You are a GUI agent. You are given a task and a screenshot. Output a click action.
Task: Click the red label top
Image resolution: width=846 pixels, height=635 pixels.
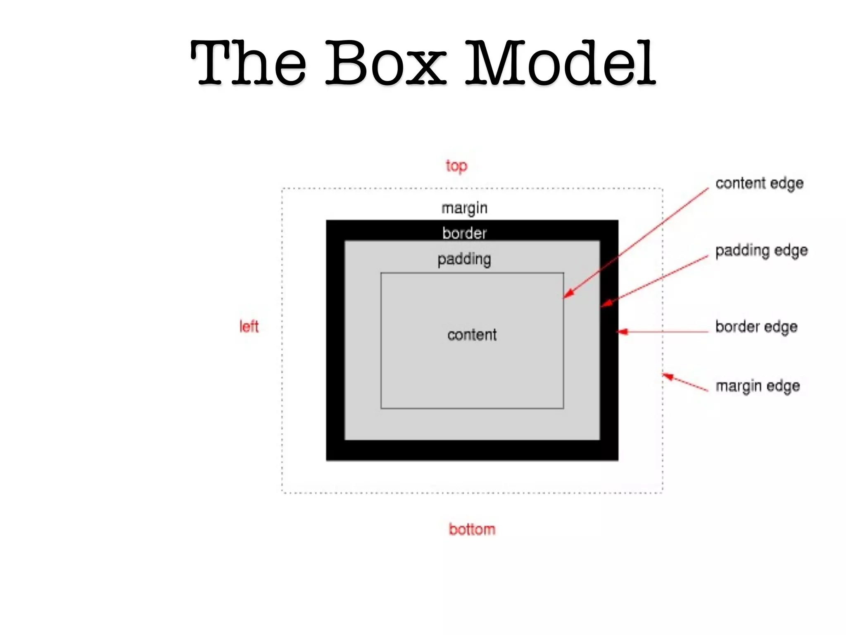(456, 166)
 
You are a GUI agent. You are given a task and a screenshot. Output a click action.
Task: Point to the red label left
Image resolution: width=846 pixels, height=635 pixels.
(249, 327)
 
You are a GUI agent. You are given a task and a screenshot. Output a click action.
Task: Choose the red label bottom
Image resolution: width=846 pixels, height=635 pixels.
(472, 530)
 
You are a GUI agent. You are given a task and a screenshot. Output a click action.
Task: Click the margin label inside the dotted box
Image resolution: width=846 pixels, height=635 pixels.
(464, 208)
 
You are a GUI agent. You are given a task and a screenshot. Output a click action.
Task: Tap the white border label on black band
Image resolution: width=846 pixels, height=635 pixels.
(464, 234)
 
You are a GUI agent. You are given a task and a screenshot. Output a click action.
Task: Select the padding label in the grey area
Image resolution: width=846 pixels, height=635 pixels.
(464, 260)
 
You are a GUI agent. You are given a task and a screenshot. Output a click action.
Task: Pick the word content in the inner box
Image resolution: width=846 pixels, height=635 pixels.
(472, 335)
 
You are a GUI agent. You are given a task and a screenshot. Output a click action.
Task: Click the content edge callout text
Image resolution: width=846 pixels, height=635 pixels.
(759, 184)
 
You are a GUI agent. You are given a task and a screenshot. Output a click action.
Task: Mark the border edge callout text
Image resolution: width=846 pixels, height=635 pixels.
(756, 327)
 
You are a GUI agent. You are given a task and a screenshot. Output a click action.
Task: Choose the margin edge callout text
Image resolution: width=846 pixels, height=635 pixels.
(758, 386)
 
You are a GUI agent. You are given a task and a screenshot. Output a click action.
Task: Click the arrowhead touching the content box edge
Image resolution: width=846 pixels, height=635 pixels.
(568, 294)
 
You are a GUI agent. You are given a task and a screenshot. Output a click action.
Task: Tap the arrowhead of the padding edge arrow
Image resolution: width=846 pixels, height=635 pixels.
(606, 304)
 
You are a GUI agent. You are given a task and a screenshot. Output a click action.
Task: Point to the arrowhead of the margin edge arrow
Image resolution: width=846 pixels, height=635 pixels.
(668, 377)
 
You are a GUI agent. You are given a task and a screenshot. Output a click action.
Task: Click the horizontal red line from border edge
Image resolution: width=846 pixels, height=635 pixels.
(669, 332)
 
